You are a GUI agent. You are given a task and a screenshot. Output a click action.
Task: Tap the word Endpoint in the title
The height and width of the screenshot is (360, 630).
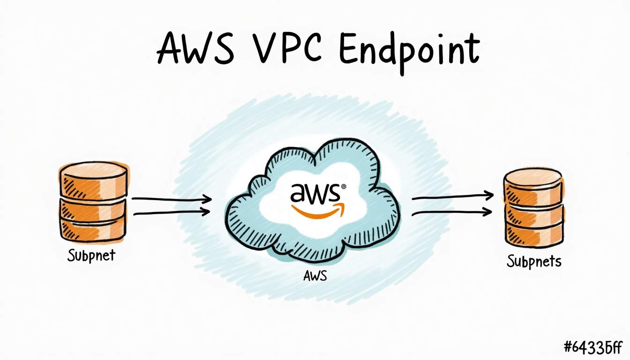(409, 53)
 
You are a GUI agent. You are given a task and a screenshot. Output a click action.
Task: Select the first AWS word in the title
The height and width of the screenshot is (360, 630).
(195, 47)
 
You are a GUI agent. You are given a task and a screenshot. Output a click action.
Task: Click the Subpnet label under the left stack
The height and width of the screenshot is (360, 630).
(91, 255)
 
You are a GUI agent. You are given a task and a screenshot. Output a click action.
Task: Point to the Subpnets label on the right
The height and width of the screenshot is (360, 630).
(534, 262)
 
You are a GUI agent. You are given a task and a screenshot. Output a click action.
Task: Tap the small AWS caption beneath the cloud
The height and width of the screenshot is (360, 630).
(315, 276)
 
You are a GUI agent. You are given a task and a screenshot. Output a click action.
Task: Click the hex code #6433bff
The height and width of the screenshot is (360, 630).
(593, 347)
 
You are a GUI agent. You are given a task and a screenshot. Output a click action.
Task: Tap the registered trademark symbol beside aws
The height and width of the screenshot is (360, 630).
(344, 187)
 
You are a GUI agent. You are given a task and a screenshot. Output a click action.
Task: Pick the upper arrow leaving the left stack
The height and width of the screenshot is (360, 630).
(172, 199)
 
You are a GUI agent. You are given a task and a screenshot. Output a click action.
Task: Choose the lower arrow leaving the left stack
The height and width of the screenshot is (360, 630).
(172, 212)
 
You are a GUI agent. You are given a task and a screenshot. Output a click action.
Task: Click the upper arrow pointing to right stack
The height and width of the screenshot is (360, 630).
(452, 196)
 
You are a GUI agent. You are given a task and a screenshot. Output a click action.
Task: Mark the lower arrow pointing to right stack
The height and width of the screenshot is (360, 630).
(452, 213)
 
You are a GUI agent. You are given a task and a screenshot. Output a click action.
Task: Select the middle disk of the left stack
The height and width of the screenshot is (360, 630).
(93, 210)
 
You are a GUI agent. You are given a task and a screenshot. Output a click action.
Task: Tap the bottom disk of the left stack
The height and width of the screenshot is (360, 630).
(93, 230)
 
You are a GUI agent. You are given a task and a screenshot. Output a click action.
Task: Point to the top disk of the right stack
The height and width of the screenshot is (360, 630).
(533, 186)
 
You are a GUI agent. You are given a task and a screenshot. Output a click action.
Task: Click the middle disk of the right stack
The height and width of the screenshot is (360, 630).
(534, 214)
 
